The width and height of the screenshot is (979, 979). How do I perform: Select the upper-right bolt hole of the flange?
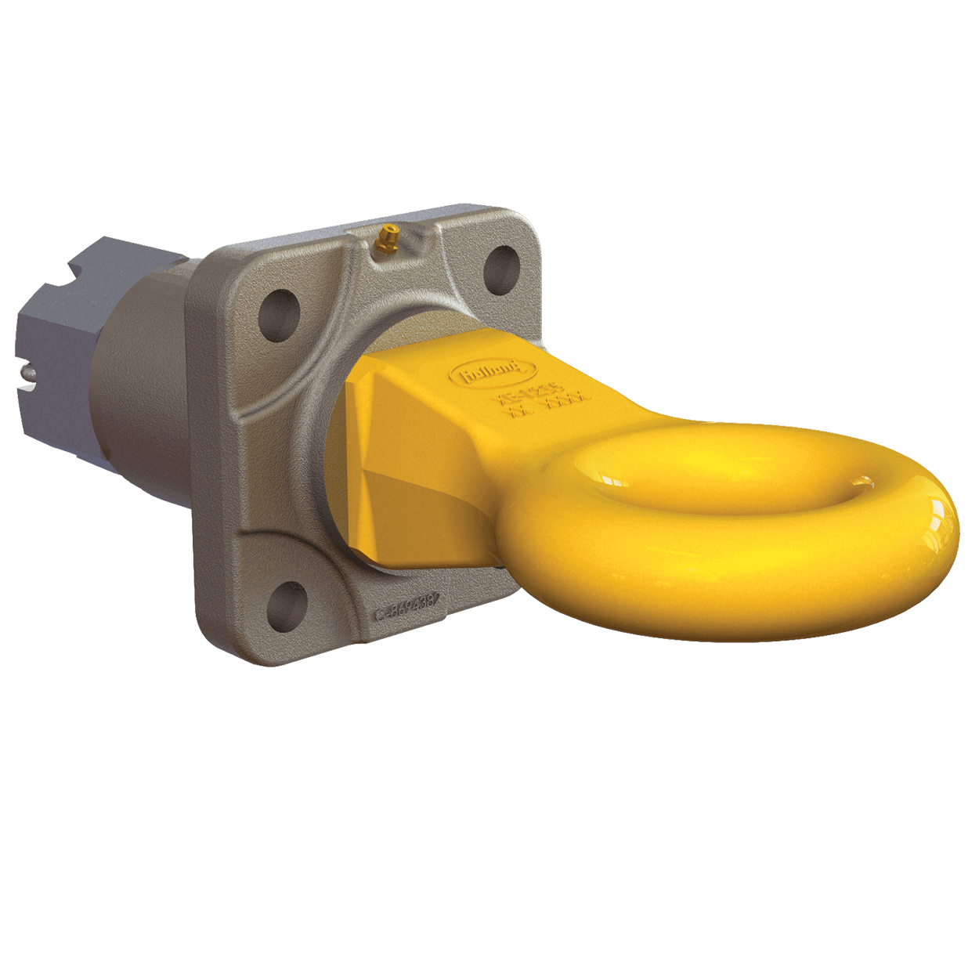pos(501,266)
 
